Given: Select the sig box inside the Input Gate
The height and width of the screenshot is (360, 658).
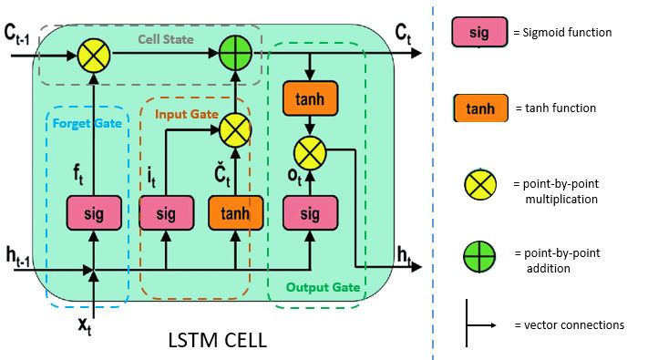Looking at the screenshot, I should (x=165, y=213).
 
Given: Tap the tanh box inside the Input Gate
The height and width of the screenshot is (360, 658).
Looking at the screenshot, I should (x=235, y=213).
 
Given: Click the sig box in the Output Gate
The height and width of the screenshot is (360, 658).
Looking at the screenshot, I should (x=311, y=213).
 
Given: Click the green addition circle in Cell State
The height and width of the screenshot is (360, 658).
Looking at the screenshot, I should (x=235, y=55).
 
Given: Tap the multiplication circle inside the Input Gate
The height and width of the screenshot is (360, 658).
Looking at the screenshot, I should (x=235, y=131).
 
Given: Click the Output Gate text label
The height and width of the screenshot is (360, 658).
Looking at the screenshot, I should (x=323, y=287).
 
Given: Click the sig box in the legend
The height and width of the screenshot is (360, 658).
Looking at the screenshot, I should (x=479, y=33).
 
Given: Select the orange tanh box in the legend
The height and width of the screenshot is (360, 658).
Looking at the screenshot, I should (x=479, y=108).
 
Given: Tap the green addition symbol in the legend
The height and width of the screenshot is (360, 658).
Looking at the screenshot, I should (x=479, y=258).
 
